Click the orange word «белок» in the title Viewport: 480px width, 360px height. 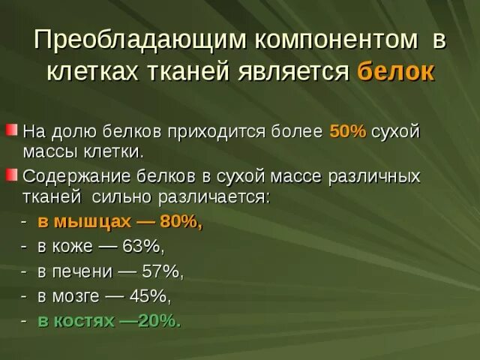click(x=394, y=72)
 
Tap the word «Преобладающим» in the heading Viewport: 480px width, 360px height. click(x=139, y=40)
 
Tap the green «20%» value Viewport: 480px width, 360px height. click(x=158, y=320)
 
